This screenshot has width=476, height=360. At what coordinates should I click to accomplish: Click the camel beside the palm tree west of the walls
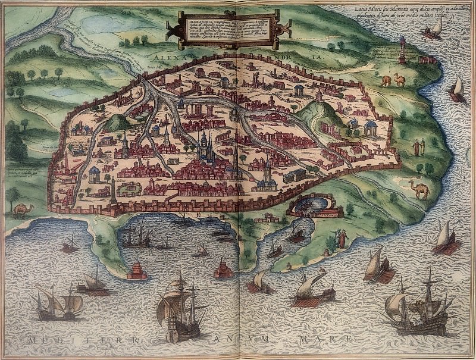click(24, 209)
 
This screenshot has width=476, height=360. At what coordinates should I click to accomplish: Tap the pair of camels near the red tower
click(392, 80)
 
